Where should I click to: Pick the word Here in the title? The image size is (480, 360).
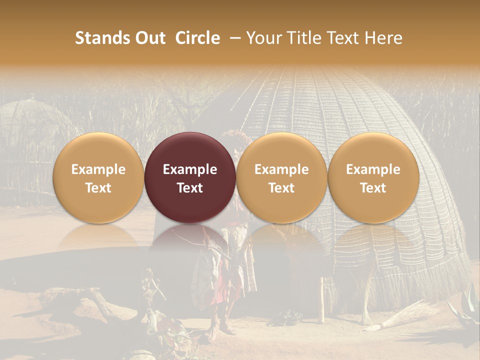tap(385, 38)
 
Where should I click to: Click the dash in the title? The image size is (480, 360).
tap(233, 38)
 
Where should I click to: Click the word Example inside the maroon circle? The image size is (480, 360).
tap(190, 169)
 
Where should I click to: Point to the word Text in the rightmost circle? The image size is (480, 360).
tap(373, 188)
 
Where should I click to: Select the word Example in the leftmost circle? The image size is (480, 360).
tap(98, 169)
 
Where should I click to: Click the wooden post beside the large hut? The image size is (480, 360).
tap(322, 300)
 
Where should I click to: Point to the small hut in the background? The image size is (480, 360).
tap(30, 125)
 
